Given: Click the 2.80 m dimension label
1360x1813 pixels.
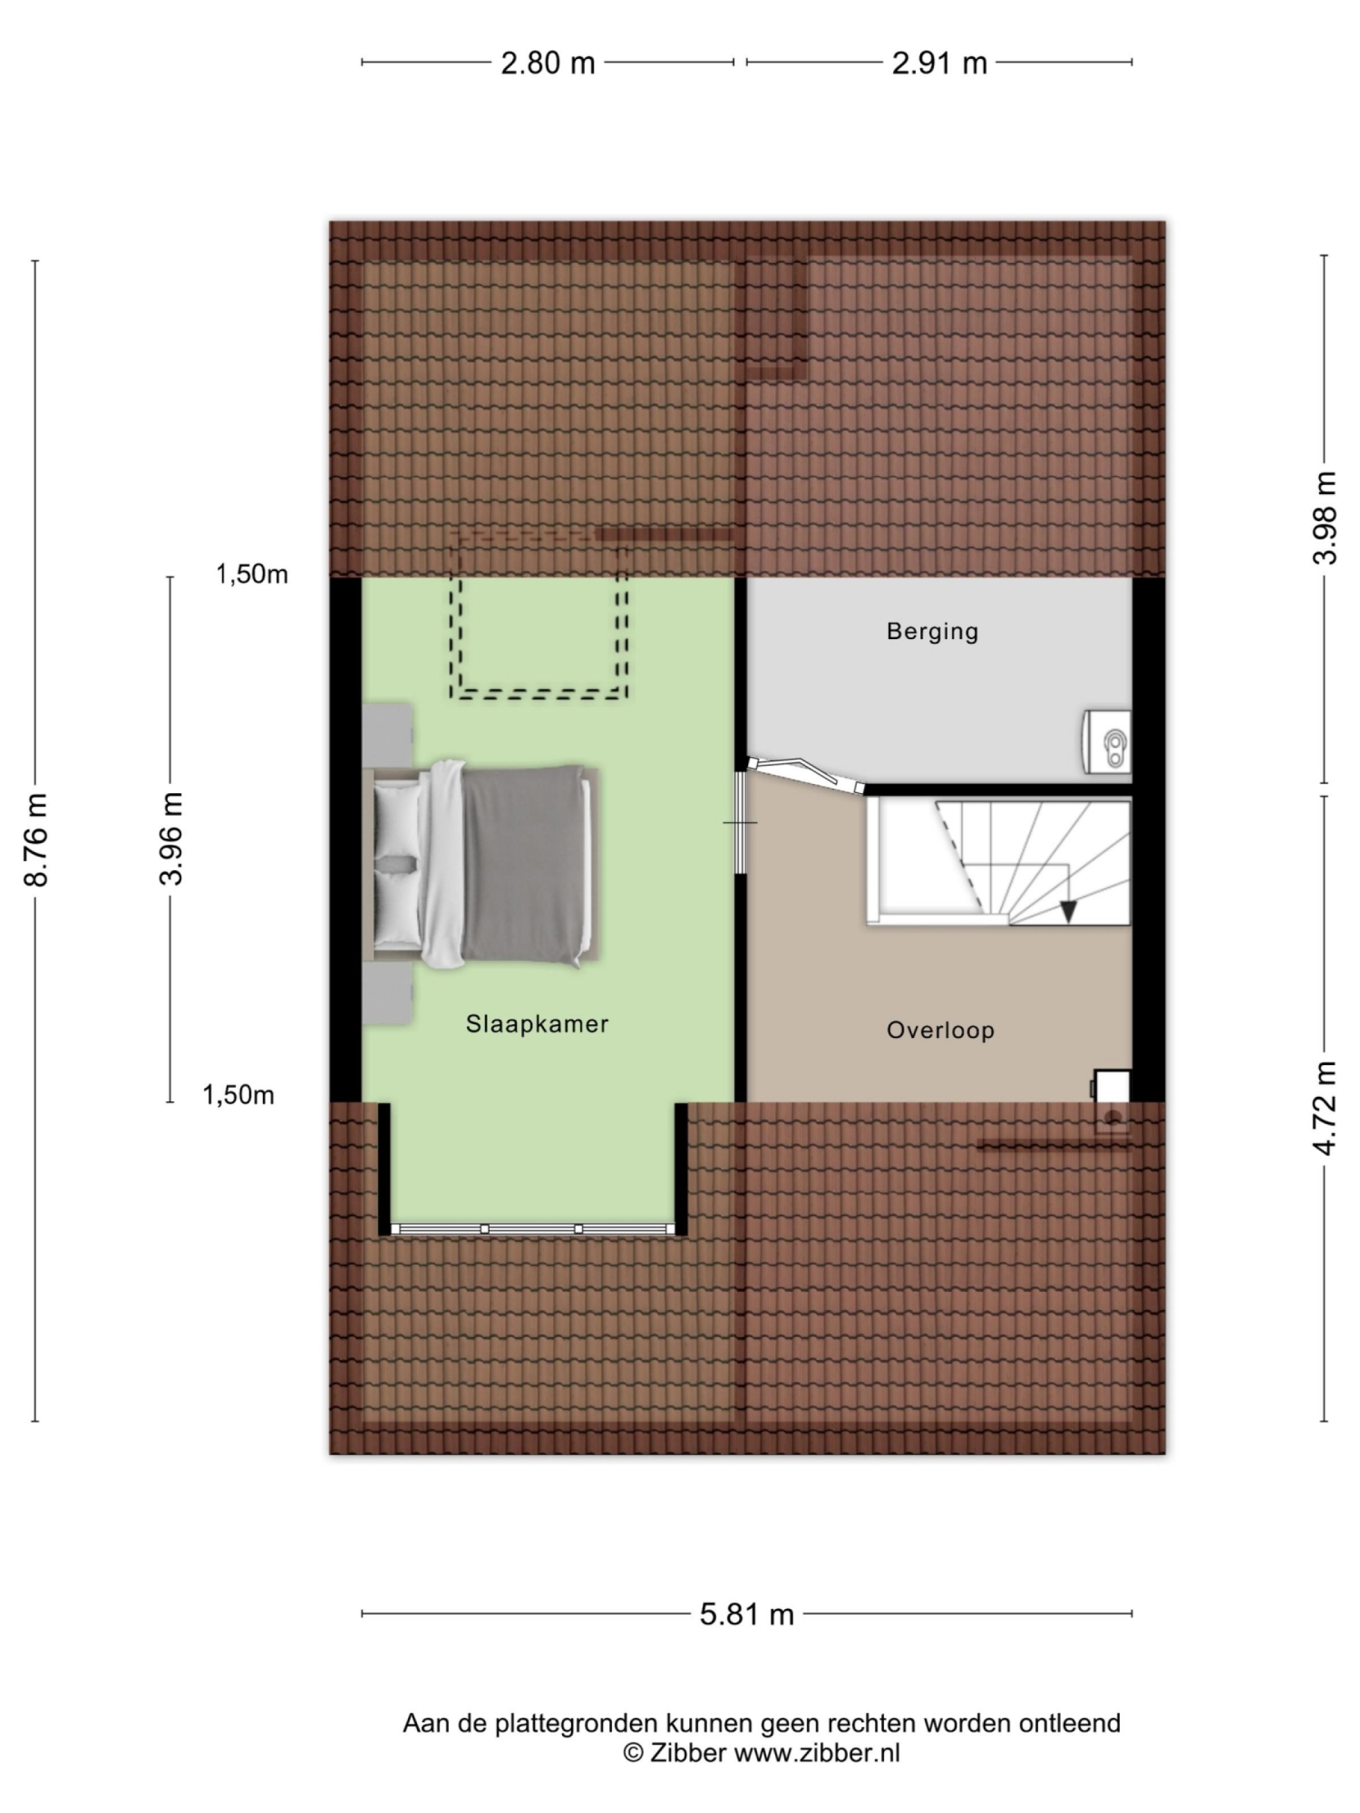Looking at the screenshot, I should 547,63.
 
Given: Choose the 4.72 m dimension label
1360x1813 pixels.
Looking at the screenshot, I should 1324,1108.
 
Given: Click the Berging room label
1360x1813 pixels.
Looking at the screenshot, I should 932,631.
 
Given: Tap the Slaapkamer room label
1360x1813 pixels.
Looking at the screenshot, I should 537,1024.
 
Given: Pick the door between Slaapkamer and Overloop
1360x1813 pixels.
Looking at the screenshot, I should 739,822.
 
